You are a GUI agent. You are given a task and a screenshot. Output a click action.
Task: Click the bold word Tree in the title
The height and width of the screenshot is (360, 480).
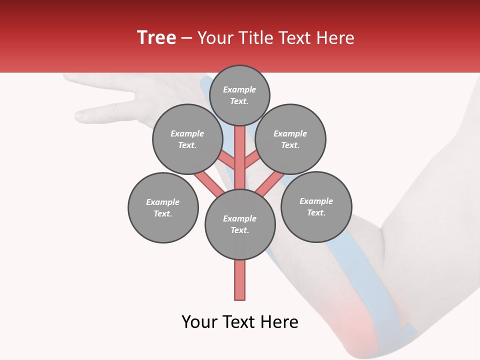coord(156,38)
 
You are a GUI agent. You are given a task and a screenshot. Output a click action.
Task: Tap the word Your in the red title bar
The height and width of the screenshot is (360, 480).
coord(215,38)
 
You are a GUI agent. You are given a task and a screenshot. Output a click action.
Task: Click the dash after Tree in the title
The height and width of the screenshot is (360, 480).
coord(186,38)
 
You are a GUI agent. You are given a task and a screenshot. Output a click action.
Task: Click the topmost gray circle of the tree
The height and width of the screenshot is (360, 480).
coord(239,95)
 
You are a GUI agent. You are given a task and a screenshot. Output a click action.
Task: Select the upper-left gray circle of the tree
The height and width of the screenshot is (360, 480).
coord(187,139)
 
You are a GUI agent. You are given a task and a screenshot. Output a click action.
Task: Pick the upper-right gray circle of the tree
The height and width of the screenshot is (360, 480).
coord(290,139)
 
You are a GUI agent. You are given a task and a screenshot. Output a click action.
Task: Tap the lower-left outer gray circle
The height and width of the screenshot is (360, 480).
coord(163,207)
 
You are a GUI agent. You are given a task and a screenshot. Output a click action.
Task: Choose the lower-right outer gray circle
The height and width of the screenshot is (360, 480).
coord(316,206)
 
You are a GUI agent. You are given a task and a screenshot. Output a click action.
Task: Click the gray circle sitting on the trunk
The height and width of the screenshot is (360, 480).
coord(240,224)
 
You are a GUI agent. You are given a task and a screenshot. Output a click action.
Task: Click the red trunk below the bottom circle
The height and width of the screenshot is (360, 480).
coord(240,280)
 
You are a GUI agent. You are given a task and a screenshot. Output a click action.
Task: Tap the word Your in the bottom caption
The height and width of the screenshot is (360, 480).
coord(199,322)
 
